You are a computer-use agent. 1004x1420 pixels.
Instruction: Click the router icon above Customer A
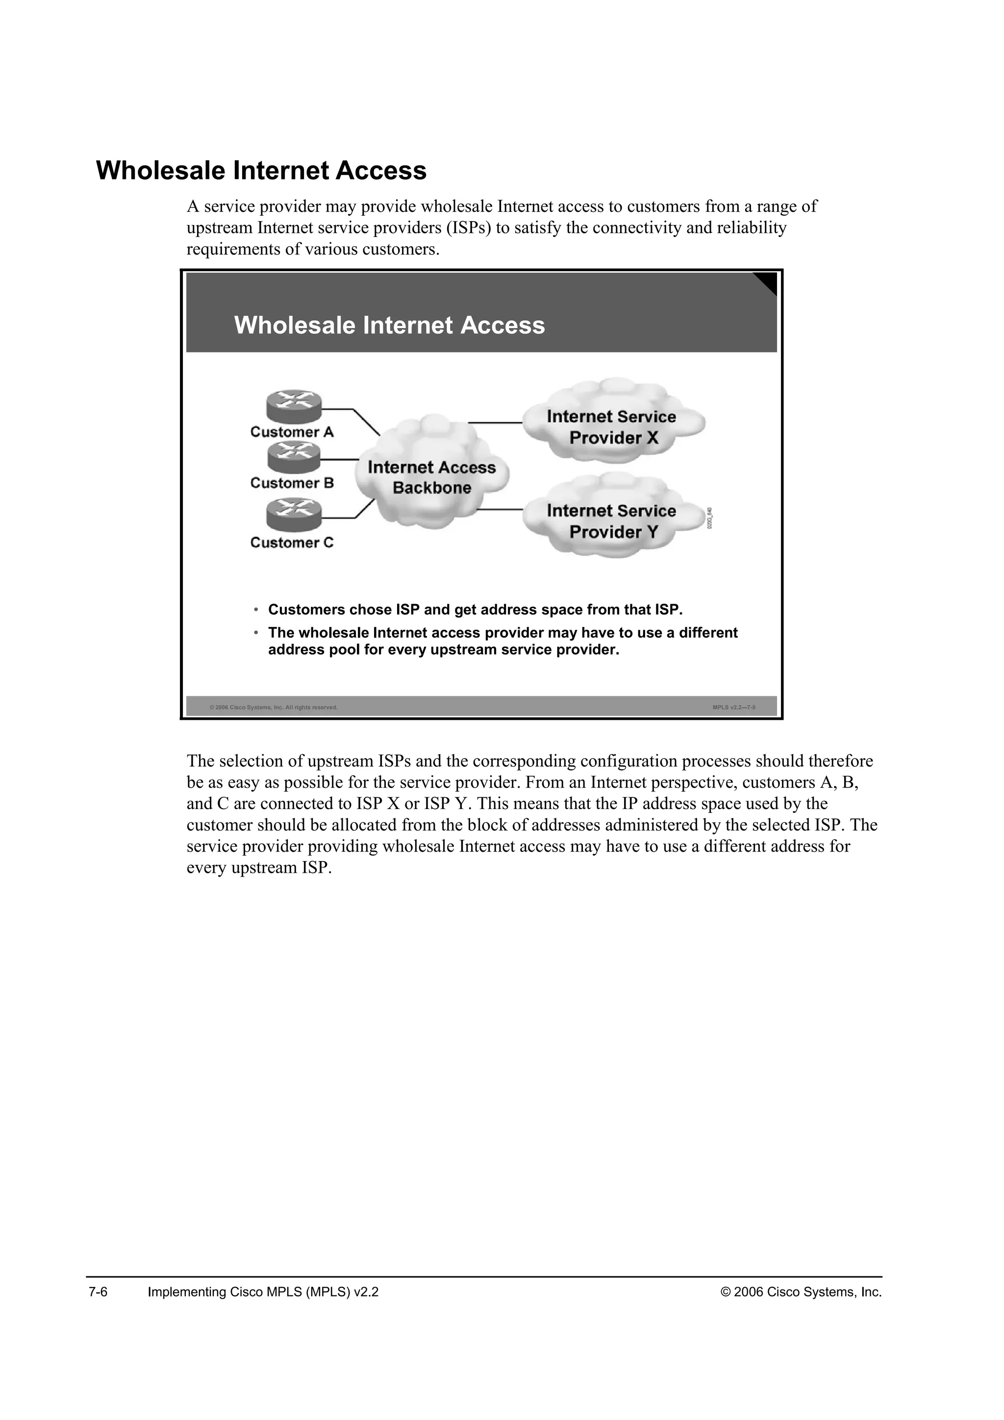pyautogui.click(x=294, y=405)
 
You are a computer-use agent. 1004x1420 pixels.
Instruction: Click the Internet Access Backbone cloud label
pyautogui.click(x=431, y=478)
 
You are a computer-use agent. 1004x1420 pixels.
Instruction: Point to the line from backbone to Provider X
pyautogui.click(x=495, y=422)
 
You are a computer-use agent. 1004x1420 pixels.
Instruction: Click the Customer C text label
pyautogui.click(x=291, y=542)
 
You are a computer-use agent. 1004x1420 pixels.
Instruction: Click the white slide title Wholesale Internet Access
pyautogui.click(x=389, y=325)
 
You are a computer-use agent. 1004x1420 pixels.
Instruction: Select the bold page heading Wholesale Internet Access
pyautogui.click(x=261, y=171)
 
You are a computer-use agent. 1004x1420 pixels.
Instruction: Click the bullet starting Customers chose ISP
pyautogui.click(x=475, y=610)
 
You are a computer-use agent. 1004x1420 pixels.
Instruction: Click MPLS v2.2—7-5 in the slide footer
pyautogui.click(x=734, y=707)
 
